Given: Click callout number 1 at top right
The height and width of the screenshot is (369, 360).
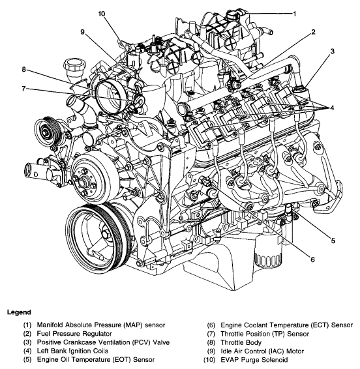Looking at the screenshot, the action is coord(294,14).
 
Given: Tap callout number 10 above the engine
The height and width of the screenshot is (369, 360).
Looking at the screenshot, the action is coord(102,14).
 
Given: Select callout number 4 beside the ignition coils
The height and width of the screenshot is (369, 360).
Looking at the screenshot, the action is coord(332,108).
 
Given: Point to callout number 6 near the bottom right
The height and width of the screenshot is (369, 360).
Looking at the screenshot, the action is coord(312,259).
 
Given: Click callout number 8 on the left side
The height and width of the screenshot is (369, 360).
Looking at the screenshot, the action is coord(23,70).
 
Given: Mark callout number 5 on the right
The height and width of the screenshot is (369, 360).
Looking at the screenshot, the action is coord(333,241).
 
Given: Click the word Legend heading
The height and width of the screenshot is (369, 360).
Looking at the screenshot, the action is coord(19,312).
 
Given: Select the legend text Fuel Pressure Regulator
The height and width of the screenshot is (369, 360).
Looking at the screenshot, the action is coord(74,334).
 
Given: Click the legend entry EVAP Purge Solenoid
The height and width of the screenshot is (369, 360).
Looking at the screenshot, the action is coord(254,360).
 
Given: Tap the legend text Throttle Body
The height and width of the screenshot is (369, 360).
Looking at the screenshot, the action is coord(241,342).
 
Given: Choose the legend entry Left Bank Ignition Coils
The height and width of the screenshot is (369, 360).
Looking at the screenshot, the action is coord(72,351).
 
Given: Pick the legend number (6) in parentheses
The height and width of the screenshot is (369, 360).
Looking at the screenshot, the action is coord(211,325).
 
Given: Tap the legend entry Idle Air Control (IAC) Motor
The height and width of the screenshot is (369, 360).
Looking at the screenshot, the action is coord(262,351).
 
